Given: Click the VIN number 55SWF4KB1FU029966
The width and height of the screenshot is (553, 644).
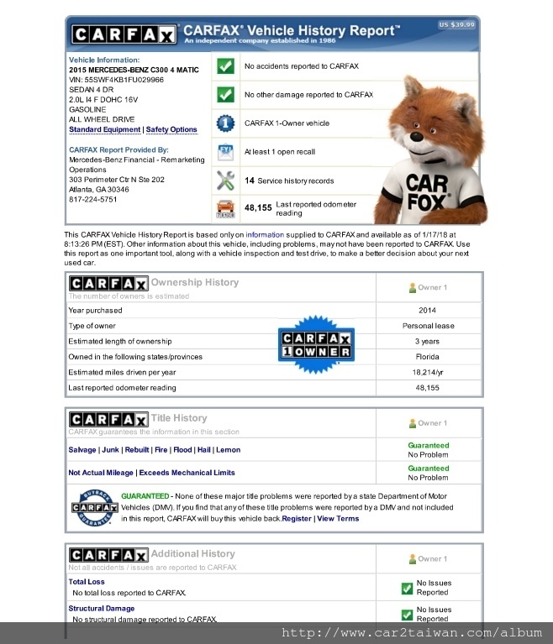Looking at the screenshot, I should pos(116,80).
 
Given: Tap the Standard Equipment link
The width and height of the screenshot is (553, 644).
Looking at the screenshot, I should pos(105,130).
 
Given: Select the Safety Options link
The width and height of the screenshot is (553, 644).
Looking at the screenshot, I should pos(171,130).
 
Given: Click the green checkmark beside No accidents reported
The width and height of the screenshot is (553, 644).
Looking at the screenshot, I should pos(225,66).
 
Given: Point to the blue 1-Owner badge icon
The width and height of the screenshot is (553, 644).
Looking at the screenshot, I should pos(225,123).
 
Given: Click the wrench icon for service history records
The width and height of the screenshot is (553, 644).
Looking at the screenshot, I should pos(225,181).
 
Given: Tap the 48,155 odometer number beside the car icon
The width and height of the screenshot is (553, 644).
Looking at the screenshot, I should pos(258,207).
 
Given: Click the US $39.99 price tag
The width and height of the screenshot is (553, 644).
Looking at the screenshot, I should pos(456,25).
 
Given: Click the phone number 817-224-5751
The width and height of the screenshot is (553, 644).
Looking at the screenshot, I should pos(92,200).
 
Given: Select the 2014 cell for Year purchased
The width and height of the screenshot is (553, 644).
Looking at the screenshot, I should pos(428,310).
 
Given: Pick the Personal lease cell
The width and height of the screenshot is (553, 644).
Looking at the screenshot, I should pos(428,326).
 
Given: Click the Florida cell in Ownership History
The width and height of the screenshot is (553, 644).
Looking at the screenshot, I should pos(428,357).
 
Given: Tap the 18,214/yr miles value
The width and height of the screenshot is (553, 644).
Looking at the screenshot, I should pos(428,372).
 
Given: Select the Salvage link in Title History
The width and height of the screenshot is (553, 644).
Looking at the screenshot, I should pos(82,450).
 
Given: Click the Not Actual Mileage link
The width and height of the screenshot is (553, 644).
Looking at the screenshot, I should pos(101,473).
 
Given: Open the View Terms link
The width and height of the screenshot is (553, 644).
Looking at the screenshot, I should pos(338,519).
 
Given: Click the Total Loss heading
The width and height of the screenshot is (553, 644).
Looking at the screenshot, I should pos(87,582).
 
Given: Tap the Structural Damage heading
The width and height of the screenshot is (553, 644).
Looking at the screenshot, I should pos(102,609).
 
